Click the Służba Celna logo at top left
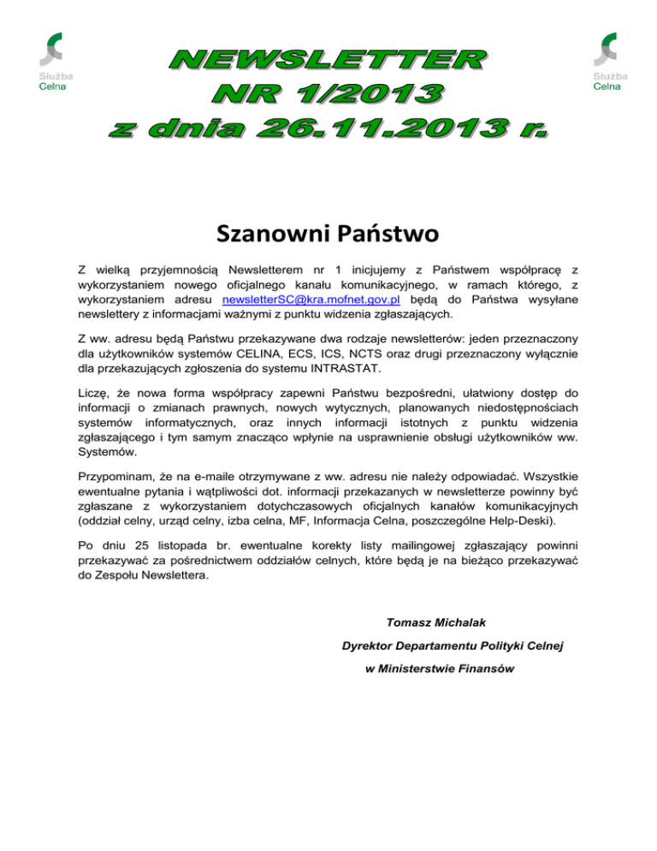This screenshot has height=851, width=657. (54, 60)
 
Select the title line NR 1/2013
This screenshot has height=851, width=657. (329, 94)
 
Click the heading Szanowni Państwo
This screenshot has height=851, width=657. (328, 232)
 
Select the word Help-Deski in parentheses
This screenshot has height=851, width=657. (544, 518)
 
